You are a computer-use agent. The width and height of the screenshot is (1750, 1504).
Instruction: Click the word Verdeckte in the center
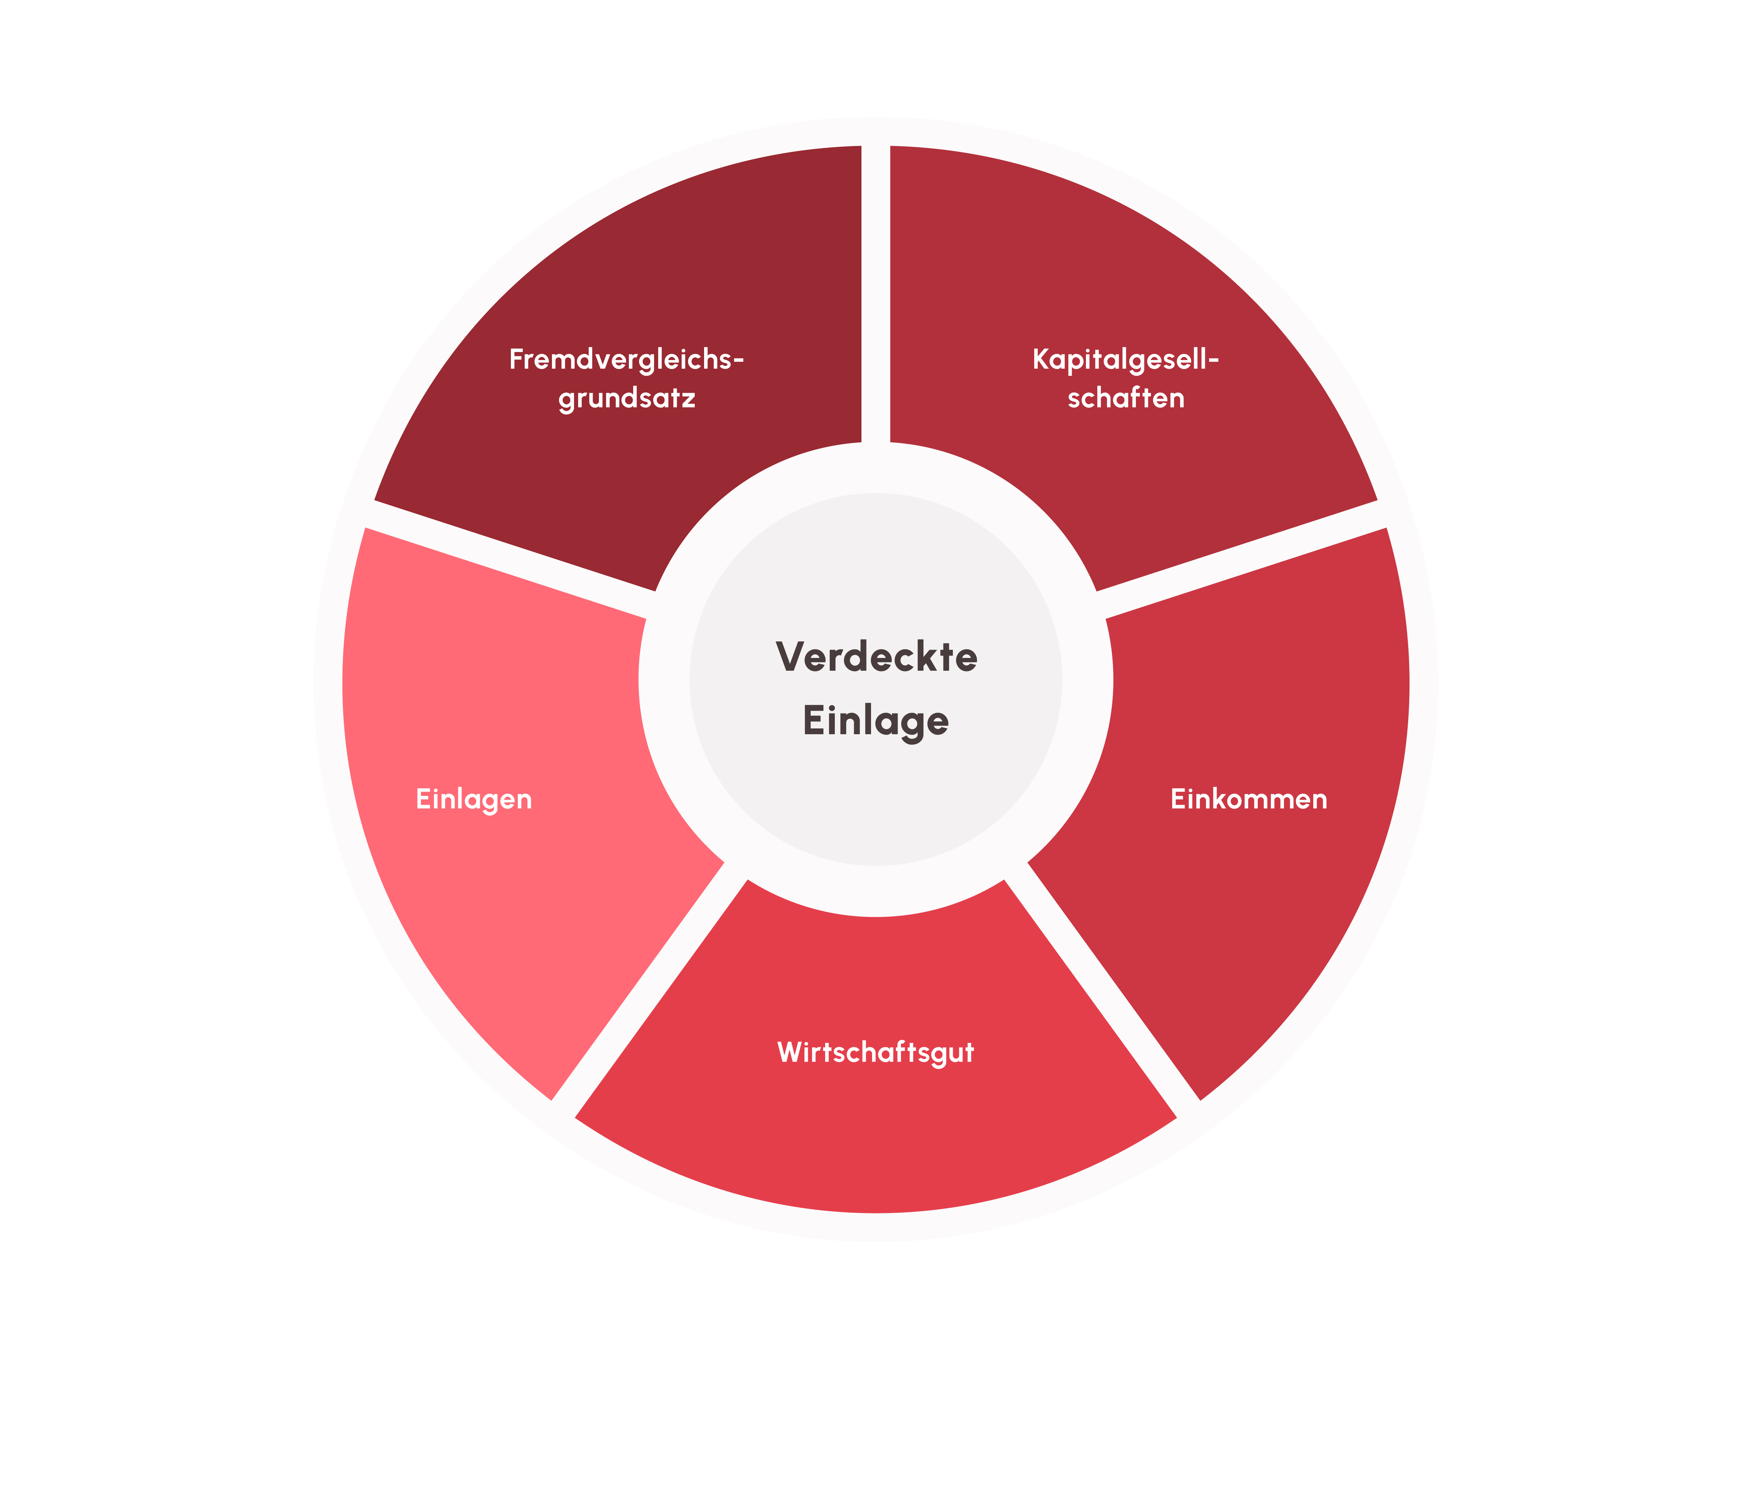(x=876, y=657)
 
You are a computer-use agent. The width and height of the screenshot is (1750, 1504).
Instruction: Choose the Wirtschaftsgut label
(x=876, y=1053)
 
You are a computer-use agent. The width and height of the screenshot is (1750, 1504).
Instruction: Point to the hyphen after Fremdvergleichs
(x=738, y=362)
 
